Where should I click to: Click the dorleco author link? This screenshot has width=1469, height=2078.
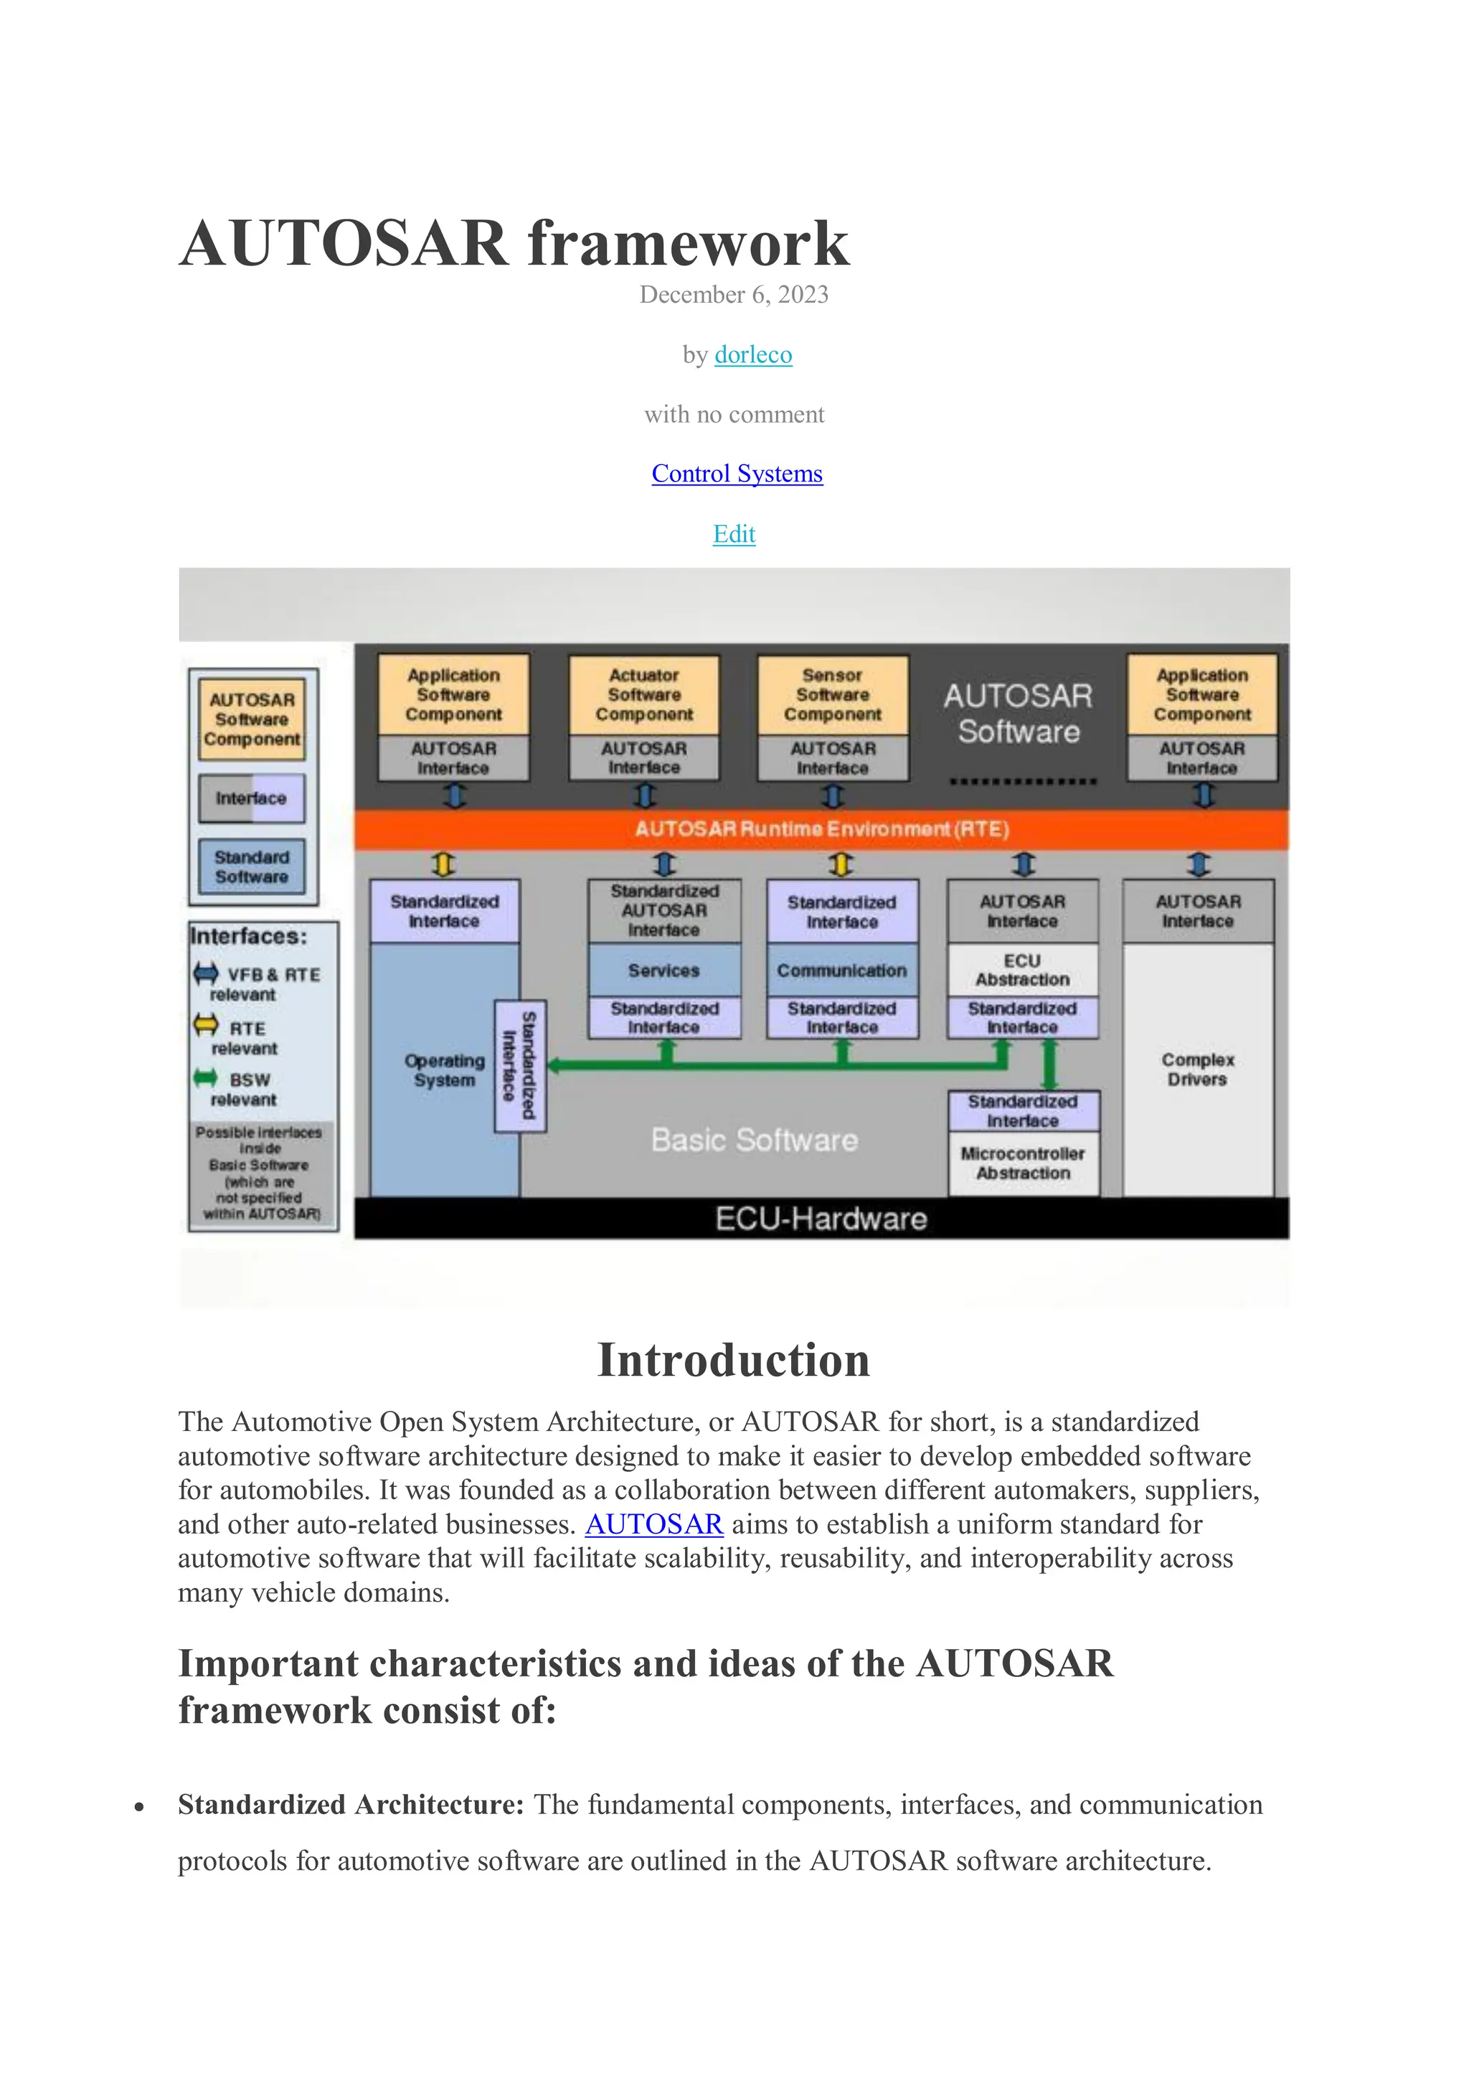pyautogui.click(x=753, y=355)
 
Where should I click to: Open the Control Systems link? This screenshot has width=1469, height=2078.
pyautogui.click(x=737, y=474)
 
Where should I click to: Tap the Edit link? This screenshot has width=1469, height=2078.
pyautogui.click(x=734, y=534)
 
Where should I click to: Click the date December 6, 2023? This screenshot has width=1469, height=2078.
pyautogui.click(x=734, y=295)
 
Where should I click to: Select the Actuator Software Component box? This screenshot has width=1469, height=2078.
pyautogui.click(x=643, y=695)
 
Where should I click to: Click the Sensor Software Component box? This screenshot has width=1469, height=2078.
pyautogui.click(x=832, y=695)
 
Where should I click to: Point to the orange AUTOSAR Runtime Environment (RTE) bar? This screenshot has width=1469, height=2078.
pyautogui.click(x=821, y=829)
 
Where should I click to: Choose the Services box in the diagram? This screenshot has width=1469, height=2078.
pyautogui.click(x=663, y=970)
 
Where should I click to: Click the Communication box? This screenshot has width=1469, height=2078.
pyautogui.click(x=842, y=970)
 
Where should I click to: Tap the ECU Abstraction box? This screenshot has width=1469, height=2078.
pyautogui.click(x=1022, y=970)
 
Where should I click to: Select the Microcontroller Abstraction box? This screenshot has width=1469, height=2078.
pyautogui.click(x=1023, y=1163)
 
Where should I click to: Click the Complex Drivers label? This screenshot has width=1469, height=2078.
pyautogui.click(x=1197, y=1069)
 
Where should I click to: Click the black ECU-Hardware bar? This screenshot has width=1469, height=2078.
pyautogui.click(x=821, y=1219)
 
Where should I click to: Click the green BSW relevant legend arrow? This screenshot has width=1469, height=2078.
pyautogui.click(x=205, y=1078)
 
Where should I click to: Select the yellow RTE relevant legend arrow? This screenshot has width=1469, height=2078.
pyautogui.click(x=205, y=1026)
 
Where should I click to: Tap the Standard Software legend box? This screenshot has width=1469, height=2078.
pyautogui.click(x=252, y=867)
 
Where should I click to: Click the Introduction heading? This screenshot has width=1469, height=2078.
pyautogui.click(x=733, y=1360)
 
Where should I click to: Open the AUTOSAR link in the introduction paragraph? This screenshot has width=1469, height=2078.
pyautogui.click(x=653, y=1524)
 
